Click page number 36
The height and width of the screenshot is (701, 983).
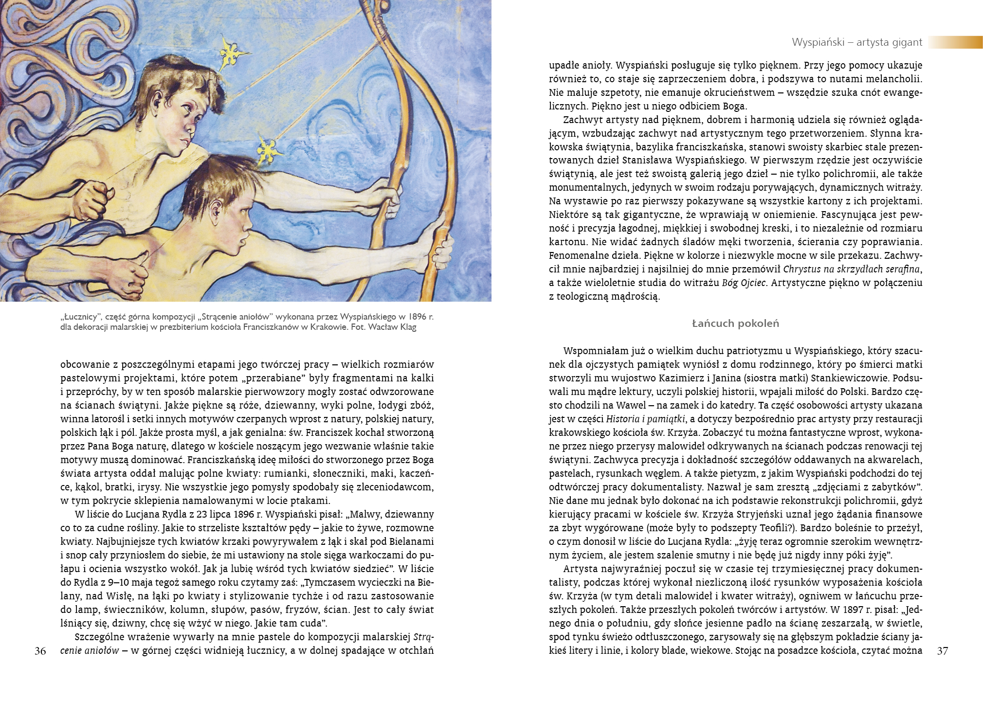pos(40,651)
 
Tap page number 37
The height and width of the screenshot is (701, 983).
pos(942,651)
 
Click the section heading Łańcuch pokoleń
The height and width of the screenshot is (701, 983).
pos(735,323)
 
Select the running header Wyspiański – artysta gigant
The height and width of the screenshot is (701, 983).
pos(857,42)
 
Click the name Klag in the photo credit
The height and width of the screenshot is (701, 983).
pos(407,327)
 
